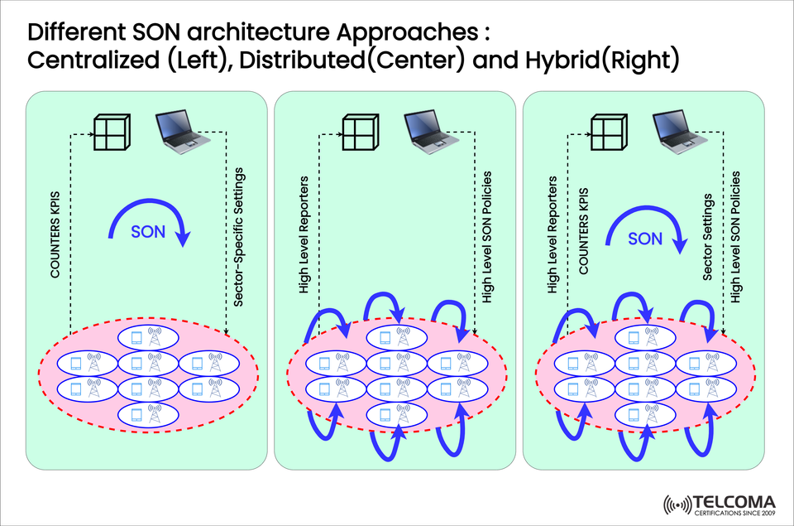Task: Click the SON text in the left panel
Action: [148, 233]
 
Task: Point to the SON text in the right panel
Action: [645, 239]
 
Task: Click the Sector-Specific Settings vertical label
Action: [239, 236]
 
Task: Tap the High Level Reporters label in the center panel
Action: [304, 234]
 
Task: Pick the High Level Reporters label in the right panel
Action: [553, 234]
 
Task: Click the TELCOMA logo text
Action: [735, 502]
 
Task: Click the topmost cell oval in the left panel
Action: [148, 337]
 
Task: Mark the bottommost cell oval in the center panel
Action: [396, 414]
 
